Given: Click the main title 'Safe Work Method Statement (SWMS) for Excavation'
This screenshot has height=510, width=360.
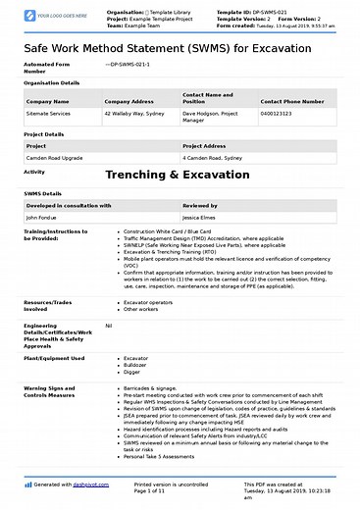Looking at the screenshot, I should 180,48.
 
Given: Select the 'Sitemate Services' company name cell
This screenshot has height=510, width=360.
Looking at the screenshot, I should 48,114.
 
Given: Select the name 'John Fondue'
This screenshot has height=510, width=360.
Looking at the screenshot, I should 44,218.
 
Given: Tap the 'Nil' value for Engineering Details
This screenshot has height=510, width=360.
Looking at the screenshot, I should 108,326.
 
